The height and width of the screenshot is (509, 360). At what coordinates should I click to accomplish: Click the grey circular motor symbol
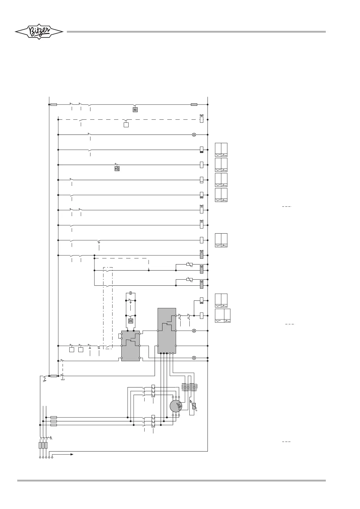[x=176, y=406]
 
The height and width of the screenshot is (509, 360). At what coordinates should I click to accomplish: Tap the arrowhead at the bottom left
[x=72, y=454]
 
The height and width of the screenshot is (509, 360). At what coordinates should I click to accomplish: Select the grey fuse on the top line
[x=194, y=105]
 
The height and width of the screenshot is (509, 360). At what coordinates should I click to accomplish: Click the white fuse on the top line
[x=54, y=105]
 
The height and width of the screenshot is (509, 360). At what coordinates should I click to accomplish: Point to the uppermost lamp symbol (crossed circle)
[x=194, y=135]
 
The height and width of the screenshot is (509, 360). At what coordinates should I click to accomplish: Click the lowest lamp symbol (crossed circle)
[x=194, y=358]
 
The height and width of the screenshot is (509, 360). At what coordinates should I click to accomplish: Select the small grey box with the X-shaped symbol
[x=131, y=321]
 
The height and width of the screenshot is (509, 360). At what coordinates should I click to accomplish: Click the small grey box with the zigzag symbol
[x=117, y=168]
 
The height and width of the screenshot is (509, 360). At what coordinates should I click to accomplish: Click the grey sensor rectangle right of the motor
[x=194, y=407]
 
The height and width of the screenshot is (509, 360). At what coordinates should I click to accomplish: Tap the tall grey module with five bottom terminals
[x=167, y=330]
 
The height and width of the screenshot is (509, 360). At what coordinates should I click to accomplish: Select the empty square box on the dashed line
[x=126, y=125]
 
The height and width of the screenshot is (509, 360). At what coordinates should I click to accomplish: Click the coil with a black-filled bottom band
[x=201, y=150]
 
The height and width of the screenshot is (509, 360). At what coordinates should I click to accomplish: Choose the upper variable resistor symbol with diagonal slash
[x=189, y=265]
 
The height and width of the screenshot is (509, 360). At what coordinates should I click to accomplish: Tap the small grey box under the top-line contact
[x=135, y=110]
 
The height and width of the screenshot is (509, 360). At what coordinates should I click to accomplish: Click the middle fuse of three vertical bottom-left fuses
[x=43, y=445]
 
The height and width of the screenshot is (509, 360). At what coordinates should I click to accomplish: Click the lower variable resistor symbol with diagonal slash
[x=189, y=280]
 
